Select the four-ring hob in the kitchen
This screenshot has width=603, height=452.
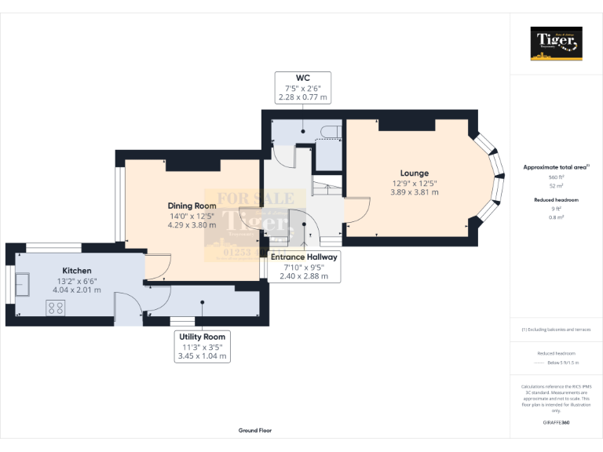pos(56,309)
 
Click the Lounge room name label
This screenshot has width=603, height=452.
pos(415,173)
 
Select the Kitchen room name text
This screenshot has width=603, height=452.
pos(77,271)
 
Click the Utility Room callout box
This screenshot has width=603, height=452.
pos(202,346)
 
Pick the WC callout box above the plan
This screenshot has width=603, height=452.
pos(302,87)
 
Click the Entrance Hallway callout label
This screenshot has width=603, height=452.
pos(304,267)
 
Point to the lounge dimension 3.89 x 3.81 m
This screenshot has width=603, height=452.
pos(415,192)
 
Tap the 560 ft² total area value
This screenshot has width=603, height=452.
pos(557,178)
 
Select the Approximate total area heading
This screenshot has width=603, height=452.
pos(556,167)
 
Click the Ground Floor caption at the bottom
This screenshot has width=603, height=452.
pos(255,431)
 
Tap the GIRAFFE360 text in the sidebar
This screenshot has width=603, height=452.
pos(556,423)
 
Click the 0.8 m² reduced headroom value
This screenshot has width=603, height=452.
pos(557,217)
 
